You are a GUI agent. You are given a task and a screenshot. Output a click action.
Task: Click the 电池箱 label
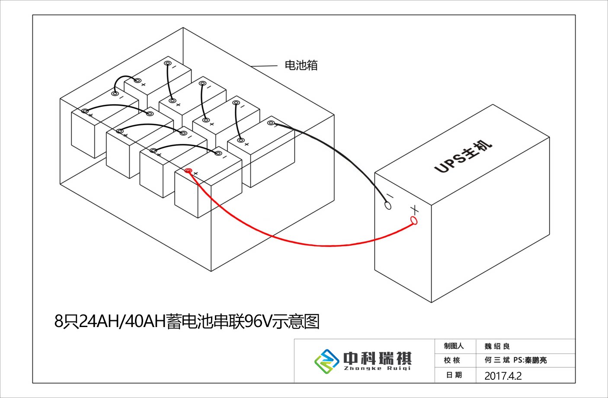[301, 65]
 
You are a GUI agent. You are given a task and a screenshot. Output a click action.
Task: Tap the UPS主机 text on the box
[463, 156]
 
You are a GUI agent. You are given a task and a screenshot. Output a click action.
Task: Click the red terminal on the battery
[188, 170]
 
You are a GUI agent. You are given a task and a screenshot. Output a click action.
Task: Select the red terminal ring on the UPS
[414, 221]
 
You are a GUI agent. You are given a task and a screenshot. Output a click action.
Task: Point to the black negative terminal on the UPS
[388, 205]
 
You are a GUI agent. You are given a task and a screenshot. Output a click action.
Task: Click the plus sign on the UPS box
[414, 210]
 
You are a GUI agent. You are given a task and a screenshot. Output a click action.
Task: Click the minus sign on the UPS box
[390, 196]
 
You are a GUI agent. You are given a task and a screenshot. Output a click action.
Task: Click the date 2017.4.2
[503, 376]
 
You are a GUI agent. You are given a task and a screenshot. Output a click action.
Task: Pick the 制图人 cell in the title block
[454, 346]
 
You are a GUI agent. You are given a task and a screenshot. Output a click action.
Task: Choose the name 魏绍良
[497, 346]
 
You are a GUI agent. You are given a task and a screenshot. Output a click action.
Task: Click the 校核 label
[452, 360]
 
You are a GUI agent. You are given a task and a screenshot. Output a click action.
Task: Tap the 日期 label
[454, 375]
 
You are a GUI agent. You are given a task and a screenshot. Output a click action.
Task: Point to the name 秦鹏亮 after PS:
[536, 360]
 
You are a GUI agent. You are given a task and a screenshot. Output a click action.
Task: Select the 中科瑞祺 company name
[377, 358]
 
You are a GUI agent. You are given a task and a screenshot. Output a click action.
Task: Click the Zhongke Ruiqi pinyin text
[377, 369]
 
